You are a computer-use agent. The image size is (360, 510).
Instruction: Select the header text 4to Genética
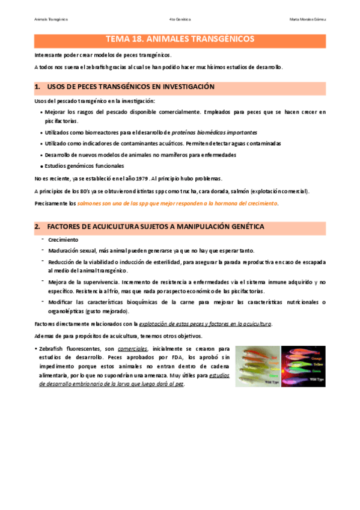(x=180, y=19)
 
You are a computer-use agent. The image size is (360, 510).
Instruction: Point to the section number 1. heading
(x=38, y=87)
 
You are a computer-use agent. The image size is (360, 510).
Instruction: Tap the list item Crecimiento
(x=61, y=239)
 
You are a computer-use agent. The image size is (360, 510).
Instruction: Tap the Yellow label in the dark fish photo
(x=316, y=363)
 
